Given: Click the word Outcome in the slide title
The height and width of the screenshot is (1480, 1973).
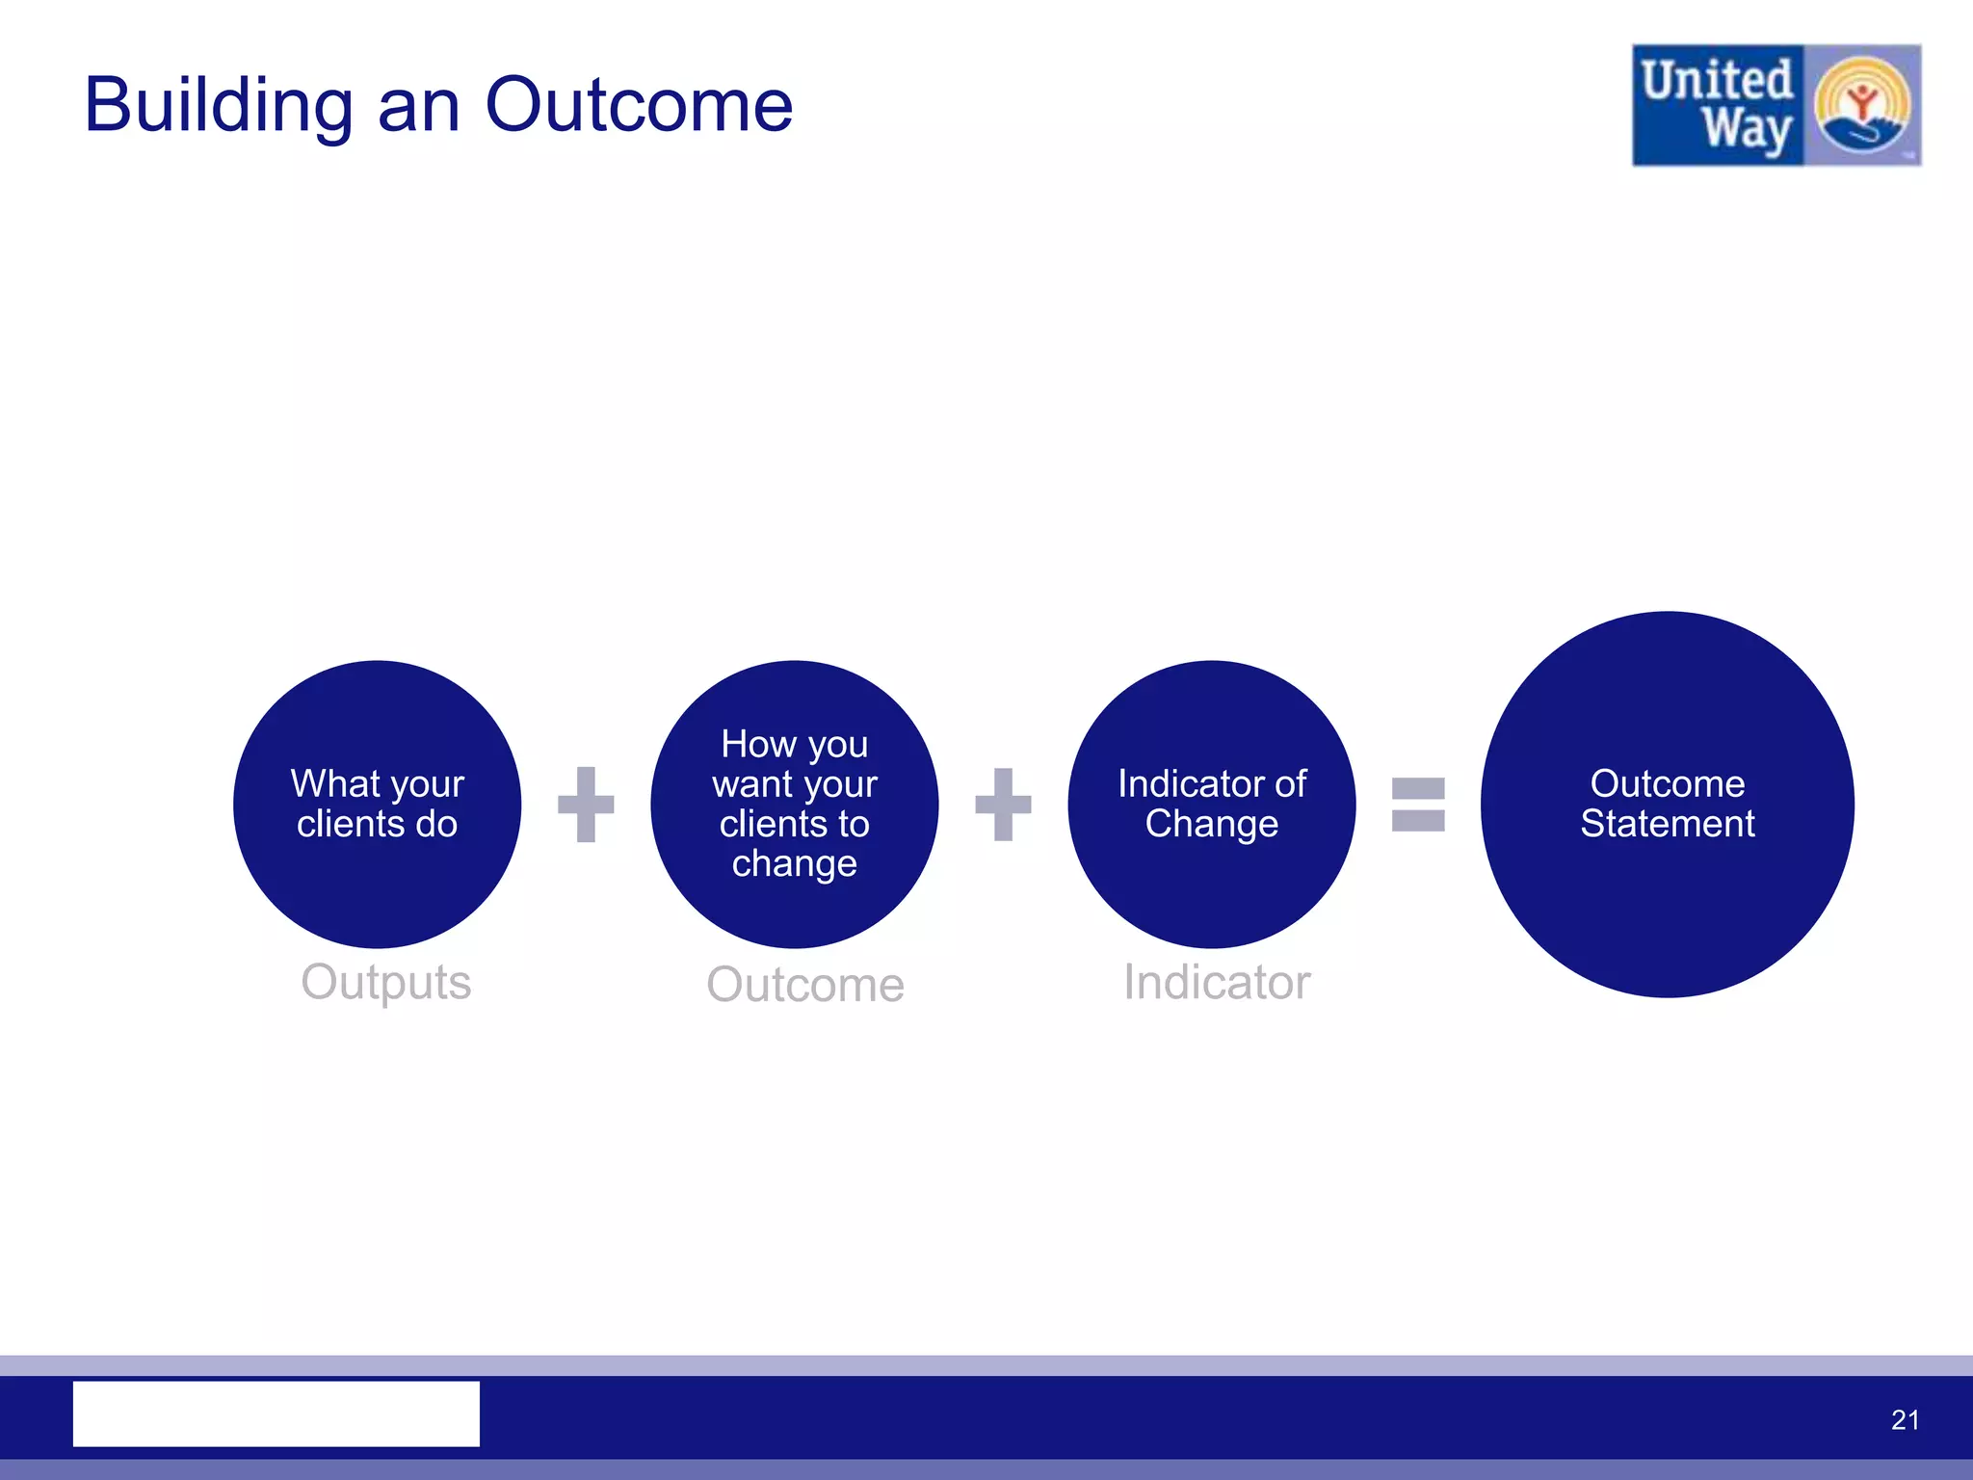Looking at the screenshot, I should (639, 105).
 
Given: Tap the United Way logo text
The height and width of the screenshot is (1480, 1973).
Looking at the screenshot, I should (1718, 105).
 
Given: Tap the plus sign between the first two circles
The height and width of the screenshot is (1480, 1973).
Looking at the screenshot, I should (586, 804).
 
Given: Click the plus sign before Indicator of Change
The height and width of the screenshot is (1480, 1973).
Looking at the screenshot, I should (1003, 804).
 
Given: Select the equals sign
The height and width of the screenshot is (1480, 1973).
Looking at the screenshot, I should (1418, 804).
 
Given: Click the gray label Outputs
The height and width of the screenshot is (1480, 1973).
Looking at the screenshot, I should (386, 983).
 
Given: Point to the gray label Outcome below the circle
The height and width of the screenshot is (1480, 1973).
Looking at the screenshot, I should (805, 985).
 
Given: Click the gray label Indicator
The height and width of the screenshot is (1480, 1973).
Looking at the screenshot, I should (1217, 983).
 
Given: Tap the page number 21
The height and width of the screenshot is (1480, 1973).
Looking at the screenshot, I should (1905, 1419).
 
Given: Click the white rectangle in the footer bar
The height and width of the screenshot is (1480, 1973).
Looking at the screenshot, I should (276, 1414).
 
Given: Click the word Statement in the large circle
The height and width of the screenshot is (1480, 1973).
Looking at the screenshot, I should (1667, 825).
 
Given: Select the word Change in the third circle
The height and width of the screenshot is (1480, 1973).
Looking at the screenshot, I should (1211, 825).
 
